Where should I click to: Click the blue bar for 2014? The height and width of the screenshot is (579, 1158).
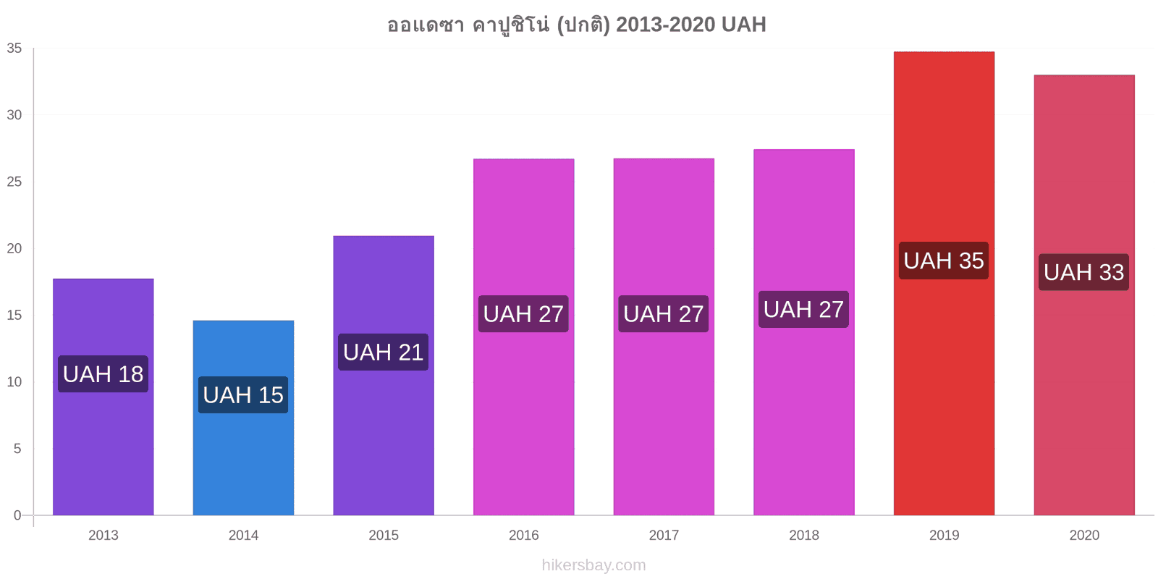coord(243,418)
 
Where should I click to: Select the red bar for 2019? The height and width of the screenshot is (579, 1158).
coord(944,283)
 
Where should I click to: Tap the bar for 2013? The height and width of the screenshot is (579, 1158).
coord(103,397)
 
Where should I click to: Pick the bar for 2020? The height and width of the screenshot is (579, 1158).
coord(1084,295)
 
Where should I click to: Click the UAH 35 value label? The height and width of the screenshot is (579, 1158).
coord(944,261)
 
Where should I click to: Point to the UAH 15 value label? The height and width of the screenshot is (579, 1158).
coord(243,395)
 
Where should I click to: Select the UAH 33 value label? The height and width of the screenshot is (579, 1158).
coord(1083,272)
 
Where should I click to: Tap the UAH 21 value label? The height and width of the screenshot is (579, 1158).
coord(383,352)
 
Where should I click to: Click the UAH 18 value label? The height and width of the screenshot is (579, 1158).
coord(103,373)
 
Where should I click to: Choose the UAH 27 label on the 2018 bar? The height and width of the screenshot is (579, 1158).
coord(803,309)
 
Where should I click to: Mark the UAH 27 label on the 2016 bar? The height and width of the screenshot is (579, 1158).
coord(523,314)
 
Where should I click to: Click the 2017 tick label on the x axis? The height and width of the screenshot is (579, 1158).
coord(664,535)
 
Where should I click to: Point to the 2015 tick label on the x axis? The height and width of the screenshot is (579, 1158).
coord(384,535)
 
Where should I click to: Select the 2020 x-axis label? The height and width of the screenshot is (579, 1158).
coord(1084,535)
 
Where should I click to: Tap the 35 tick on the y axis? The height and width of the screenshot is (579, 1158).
coord(14,48)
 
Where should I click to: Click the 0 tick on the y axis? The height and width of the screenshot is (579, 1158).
coord(17,515)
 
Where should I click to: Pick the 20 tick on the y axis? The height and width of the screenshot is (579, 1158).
coord(14,248)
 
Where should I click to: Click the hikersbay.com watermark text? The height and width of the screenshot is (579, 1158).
coord(594,565)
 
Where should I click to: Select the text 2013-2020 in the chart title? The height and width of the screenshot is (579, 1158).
coord(665,25)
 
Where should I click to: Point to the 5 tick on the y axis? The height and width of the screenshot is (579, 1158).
coord(17,448)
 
